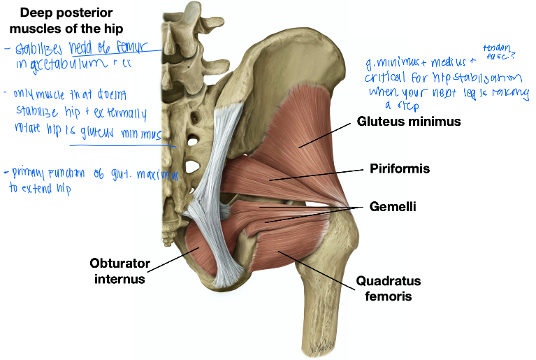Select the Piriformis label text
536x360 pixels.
400,169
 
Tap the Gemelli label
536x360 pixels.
393,208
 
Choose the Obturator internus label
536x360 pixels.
117,271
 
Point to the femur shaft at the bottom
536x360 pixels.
324,329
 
